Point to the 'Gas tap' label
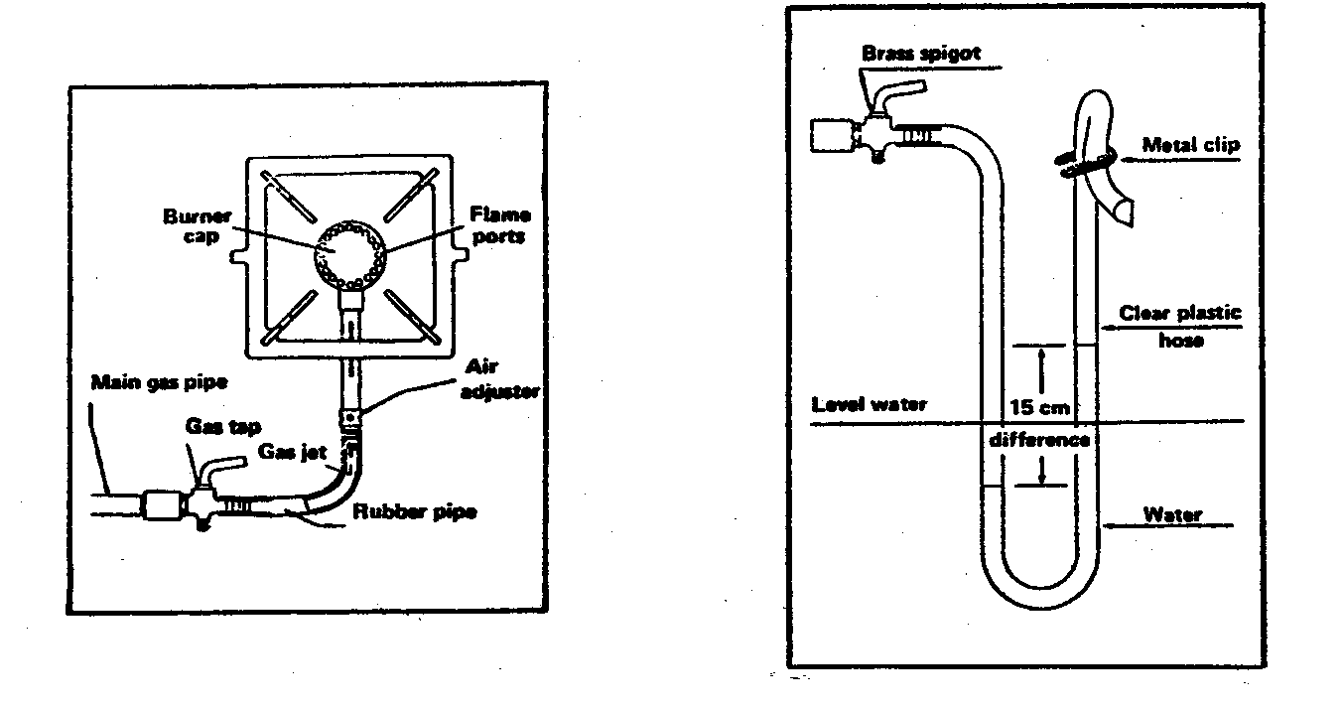point(222,427)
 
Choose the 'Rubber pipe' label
point(414,512)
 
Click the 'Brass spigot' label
point(920,54)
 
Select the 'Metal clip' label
point(1191,145)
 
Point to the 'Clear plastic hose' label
point(1180,327)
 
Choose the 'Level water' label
point(869,404)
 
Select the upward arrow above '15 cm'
point(1039,366)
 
